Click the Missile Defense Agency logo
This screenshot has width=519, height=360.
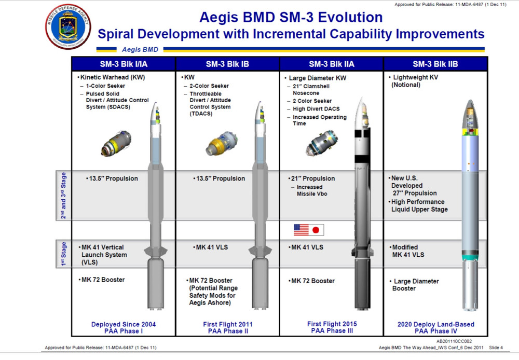(68, 27)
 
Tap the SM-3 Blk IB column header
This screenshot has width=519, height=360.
(227, 64)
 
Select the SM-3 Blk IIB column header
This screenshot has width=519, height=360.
(435, 64)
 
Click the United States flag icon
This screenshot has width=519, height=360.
(301, 230)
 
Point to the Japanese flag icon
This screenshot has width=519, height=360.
(317, 230)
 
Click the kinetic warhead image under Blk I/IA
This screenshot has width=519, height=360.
(116, 143)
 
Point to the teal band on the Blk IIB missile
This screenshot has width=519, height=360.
(470, 257)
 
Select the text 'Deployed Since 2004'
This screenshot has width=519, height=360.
(124, 324)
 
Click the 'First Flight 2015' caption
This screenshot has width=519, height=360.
(332, 324)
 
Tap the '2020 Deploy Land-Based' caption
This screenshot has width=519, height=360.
(436, 324)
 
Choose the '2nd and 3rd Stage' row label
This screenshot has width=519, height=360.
(63, 195)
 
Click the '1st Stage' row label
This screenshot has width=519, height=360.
(63, 254)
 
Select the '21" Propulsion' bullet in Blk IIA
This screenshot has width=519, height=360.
(311, 178)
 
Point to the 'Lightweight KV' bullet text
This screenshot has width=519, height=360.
(414, 77)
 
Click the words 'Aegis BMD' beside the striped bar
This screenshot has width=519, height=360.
(140, 49)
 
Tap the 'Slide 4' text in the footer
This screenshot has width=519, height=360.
(496, 348)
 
